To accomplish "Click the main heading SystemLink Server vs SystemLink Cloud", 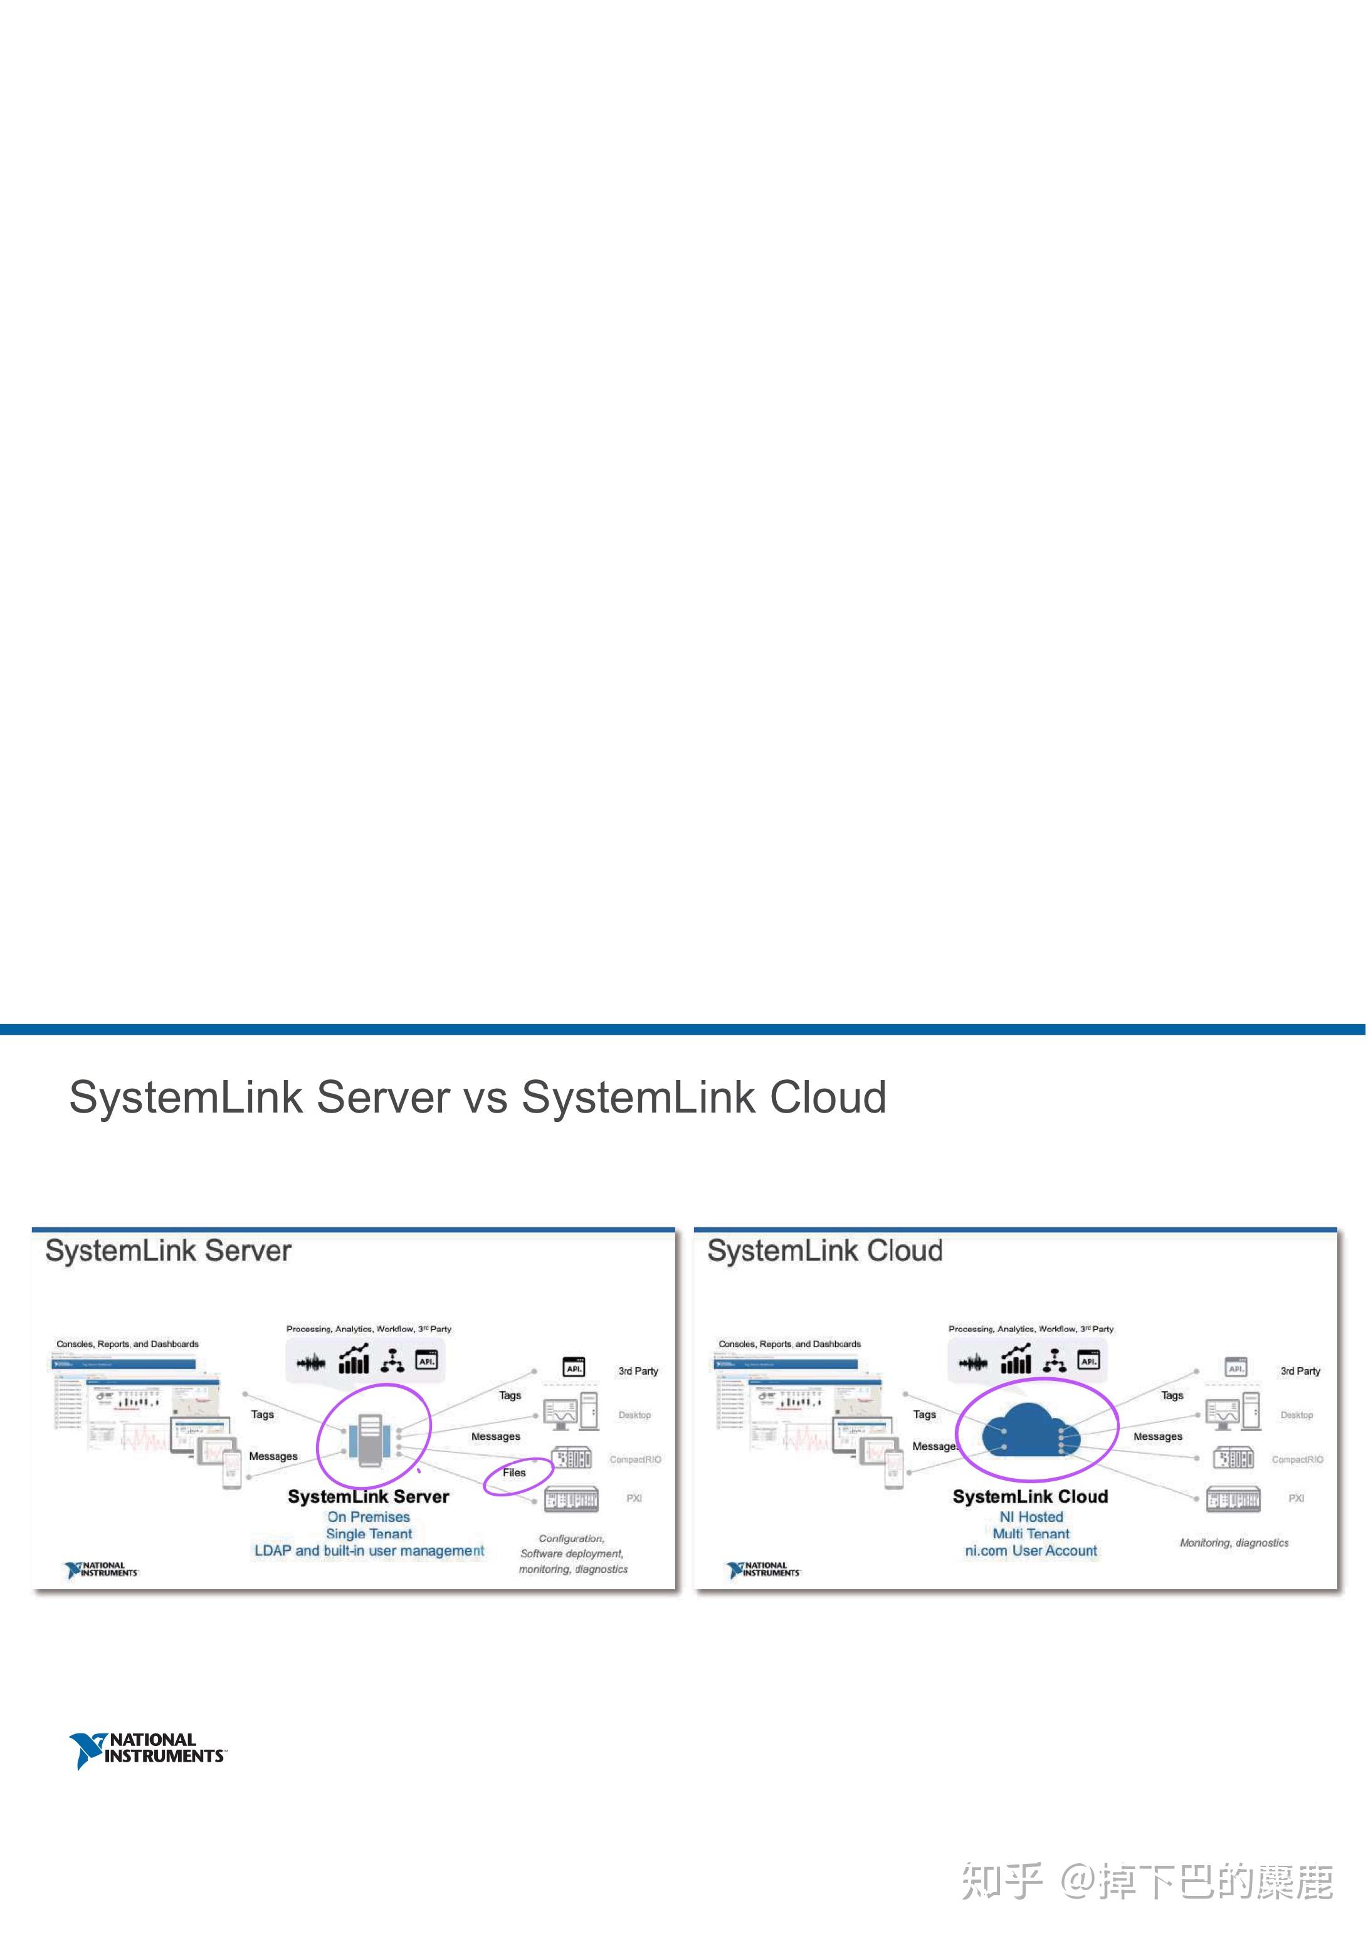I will (x=477, y=1098).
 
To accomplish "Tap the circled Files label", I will (x=514, y=1473).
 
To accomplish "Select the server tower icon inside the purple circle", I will (x=370, y=1440).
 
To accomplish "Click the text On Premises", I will (x=369, y=1517).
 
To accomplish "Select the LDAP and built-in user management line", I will (x=369, y=1551).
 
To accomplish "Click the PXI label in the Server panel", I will (x=634, y=1498).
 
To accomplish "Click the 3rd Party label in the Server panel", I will (x=638, y=1371).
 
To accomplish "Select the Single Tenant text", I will (x=369, y=1534).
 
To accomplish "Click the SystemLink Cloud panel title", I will (x=824, y=1251).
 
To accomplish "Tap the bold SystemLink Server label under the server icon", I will (x=369, y=1497).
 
